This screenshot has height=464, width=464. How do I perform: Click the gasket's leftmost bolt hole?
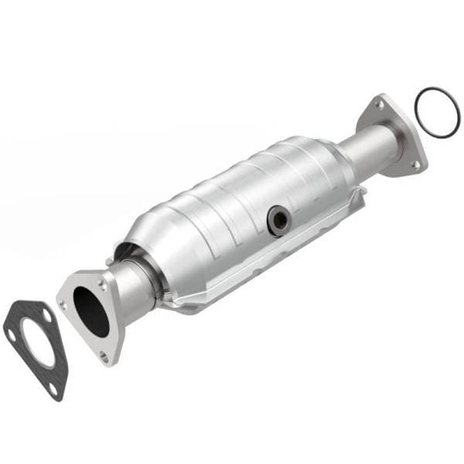pos(12,334)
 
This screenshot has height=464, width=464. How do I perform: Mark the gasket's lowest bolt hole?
pos(53,389)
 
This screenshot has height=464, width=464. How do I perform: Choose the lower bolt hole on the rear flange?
pos(415,164)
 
